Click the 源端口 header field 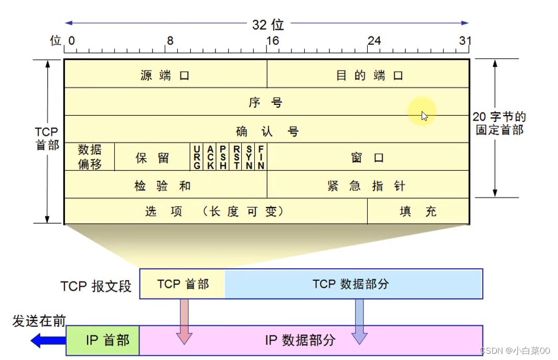(166, 74)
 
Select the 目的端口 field (368, 74)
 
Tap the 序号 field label (265, 103)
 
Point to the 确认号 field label (267, 131)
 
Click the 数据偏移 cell (90, 157)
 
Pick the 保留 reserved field (152, 157)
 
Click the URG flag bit (197, 157)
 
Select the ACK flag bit (210, 157)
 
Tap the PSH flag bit (223, 157)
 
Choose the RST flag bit (236, 157)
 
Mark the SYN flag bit (249, 157)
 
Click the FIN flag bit (261, 157)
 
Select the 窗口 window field (368, 157)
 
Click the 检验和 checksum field (166, 184)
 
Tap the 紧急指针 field (368, 184)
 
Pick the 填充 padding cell (418, 211)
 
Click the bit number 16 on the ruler (273, 40)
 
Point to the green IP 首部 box (102, 341)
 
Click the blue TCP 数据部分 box (353, 284)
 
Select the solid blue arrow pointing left (48, 341)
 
